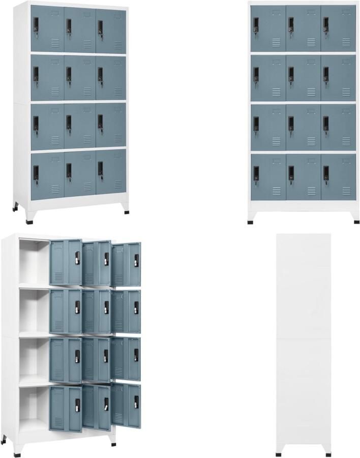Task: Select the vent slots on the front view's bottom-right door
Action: click(347, 191)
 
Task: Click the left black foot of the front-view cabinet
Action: click(251, 221)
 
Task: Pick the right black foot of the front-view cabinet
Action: click(356, 221)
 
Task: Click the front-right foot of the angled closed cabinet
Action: click(127, 211)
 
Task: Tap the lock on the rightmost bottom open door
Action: click(136, 402)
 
